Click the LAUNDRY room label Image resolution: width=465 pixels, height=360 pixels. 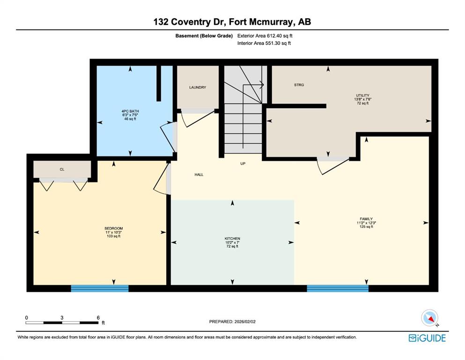(198, 87)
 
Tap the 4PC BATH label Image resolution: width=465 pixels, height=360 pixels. (130, 111)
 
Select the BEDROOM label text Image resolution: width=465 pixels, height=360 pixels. (114, 228)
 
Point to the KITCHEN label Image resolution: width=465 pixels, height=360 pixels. (232, 238)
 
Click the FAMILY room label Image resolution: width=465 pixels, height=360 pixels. (366, 219)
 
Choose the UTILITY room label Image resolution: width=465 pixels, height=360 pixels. (363, 95)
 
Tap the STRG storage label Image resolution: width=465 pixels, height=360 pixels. (299, 85)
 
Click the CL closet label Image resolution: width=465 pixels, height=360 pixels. (62, 170)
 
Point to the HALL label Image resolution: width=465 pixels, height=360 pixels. (199, 174)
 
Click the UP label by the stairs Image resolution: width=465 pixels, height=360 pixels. (243, 164)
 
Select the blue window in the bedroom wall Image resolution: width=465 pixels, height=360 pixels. (100, 288)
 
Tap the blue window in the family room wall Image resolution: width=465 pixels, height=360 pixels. (338, 288)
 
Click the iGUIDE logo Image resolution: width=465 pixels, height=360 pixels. (427, 338)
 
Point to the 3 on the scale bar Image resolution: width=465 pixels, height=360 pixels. (62, 317)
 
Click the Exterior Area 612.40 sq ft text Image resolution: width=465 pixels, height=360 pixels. (265, 36)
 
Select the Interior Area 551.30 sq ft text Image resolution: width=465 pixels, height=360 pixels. (264, 43)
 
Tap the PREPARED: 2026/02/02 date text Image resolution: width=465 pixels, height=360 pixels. (232, 322)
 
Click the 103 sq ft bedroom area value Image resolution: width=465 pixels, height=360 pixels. (114, 236)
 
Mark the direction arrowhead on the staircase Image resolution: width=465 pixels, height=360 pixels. (262, 85)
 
